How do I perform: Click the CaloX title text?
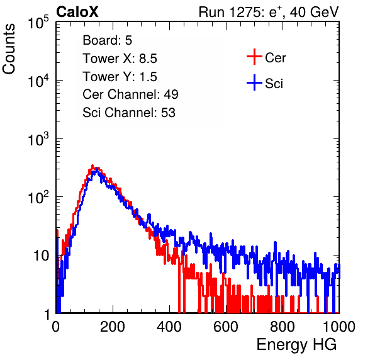pyautogui.click(x=77, y=12)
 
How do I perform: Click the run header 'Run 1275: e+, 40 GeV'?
pyautogui.click(x=269, y=12)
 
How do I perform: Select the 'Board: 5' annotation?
pyautogui.click(x=108, y=40)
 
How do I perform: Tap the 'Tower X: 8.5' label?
pyautogui.click(x=120, y=59)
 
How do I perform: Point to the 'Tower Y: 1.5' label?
pyautogui.click(x=120, y=77)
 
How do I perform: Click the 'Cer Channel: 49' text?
pyautogui.click(x=130, y=94)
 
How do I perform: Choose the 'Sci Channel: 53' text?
pyautogui.click(x=129, y=113)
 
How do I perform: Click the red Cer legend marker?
pyautogui.click(x=254, y=57)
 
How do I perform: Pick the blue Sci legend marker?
pyautogui.click(x=254, y=83)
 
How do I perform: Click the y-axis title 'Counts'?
pyautogui.click(x=9, y=49)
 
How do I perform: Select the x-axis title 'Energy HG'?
pyautogui.click(x=296, y=345)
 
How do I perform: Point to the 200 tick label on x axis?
pyautogui.click(x=113, y=327)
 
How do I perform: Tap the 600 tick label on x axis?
pyautogui.click(x=226, y=327)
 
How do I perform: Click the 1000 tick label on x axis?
pyautogui.click(x=339, y=327)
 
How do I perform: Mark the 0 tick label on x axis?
pyautogui.click(x=55, y=327)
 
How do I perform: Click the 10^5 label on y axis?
pyautogui.click(x=38, y=22)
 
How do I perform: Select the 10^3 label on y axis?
pyautogui.click(x=38, y=139)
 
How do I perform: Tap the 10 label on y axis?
pyautogui.click(x=42, y=256)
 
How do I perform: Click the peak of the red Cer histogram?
pyautogui.click(x=92, y=166)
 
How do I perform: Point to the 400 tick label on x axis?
pyautogui.click(x=169, y=327)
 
